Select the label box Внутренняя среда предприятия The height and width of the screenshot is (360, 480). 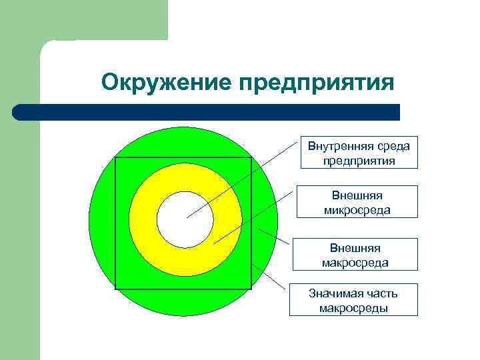[x=359, y=153]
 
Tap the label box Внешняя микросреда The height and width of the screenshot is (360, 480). [x=359, y=203]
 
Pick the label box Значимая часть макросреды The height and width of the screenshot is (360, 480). [x=353, y=300]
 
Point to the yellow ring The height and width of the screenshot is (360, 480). [x=143, y=220]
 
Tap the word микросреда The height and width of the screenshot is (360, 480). [x=359, y=210]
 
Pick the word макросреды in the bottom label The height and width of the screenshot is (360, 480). [x=353, y=307]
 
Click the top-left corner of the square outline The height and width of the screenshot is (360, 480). [x=116, y=158]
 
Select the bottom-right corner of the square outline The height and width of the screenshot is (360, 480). [x=251, y=289]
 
